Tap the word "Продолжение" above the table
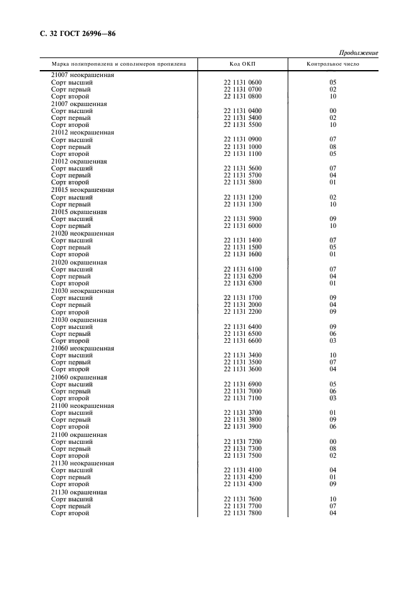click(358, 52)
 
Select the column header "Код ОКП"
click(243, 64)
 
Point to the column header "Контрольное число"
click(332, 64)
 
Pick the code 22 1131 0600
click(243, 82)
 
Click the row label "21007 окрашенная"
click(79, 104)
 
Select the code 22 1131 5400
click(243, 118)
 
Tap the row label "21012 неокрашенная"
click(83, 133)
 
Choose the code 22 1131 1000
click(243, 147)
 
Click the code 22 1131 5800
click(243, 182)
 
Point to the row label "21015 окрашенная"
click(79, 212)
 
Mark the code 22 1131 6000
click(243, 226)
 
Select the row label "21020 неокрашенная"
click(83, 233)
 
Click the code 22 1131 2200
click(243, 312)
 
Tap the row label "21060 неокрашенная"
click(83, 348)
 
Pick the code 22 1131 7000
click(243, 391)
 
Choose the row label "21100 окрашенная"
click(79, 434)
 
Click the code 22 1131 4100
click(243, 470)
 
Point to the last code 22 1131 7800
click(243, 513)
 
